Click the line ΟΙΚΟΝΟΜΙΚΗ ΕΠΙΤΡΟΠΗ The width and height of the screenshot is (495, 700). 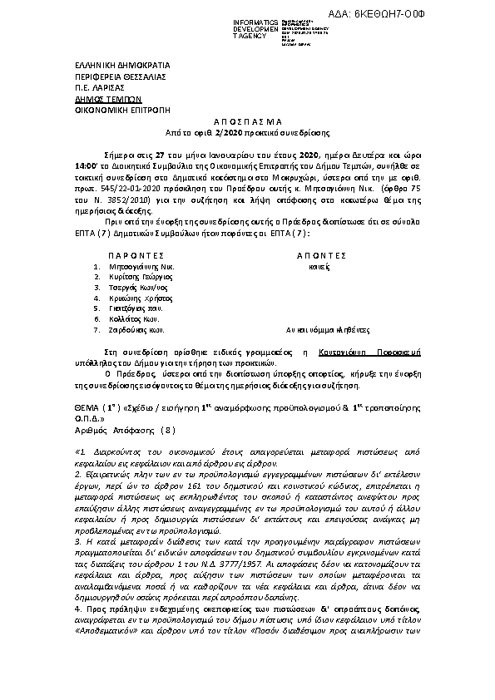click(x=103, y=109)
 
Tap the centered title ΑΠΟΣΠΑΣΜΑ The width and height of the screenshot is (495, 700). click(x=248, y=121)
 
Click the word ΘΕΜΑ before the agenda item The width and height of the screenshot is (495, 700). click(x=80, y=411)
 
